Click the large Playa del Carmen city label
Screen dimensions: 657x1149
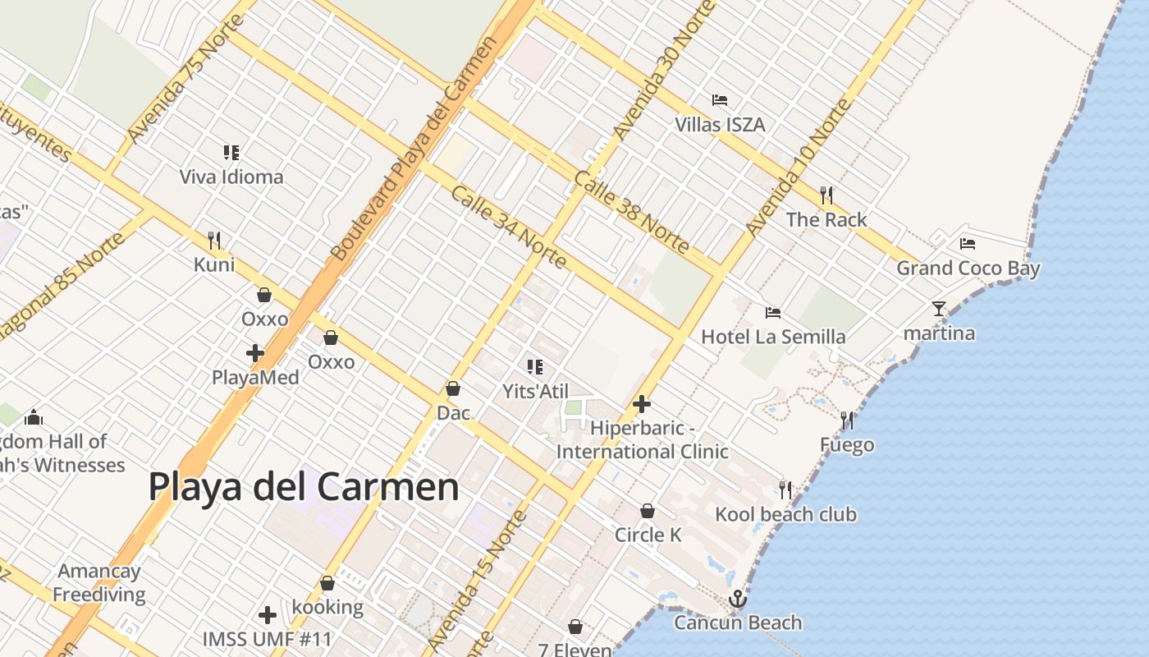tap(304, 486)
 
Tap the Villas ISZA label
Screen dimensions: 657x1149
tap(720, 125)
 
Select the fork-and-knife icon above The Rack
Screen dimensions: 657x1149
tap(826, 195)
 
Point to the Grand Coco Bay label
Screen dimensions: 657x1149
tap(968, 269)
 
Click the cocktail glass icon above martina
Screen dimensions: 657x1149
tap(939, 309)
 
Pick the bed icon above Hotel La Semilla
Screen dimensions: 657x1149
tap(772, 313)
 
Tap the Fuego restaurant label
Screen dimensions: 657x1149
tap(847, 445)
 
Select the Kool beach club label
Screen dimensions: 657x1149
tap(785, 515)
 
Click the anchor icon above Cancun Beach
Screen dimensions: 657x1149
tap(738, 599)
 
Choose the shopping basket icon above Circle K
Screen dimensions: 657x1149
tap(648, 511)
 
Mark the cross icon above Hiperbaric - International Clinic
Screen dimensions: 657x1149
tap(642, 404)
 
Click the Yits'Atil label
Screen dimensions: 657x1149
tap(535, 392)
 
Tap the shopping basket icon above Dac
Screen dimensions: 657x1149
tap(453, 388)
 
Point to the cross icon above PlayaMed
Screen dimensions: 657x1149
tap(255, 353)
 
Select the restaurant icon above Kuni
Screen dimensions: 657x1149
tap(214, 241)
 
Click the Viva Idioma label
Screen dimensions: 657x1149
tap(231, 177)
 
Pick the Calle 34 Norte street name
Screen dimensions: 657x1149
tap(509, 227)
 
